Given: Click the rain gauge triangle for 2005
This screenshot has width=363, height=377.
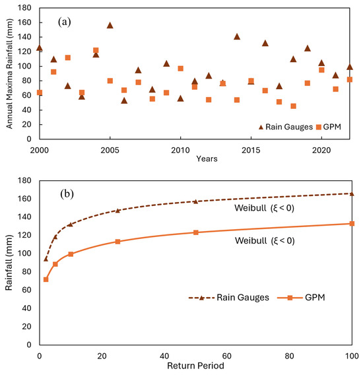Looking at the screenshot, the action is (x=110, y=25).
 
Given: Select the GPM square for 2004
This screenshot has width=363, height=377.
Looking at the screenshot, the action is (x=96, y=50).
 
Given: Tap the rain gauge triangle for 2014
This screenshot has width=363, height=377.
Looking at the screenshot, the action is (x=237, y=36).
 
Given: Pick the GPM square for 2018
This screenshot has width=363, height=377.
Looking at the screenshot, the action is (x=293, y=106).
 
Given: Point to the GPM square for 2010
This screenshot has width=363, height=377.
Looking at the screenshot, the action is (x=181, y=69).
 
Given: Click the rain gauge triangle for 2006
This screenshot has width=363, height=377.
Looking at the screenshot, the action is (x=124, y=100).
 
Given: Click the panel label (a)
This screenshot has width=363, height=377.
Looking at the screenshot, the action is (x=65, y=22).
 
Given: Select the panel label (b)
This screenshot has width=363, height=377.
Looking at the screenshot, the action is (x=67, y=194).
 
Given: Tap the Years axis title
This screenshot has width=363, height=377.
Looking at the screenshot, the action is (x=207, y=158).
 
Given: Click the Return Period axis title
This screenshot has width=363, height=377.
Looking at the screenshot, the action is (x=195, y=366).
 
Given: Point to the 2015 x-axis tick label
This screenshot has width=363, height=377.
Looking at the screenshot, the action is (x=251, y=151).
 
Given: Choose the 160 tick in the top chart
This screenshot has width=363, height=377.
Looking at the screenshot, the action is (x=24, y=22).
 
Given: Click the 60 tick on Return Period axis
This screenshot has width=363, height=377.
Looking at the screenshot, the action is (x=226, y=356).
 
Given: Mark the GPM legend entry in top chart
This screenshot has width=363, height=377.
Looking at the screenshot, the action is (x=329, y=127).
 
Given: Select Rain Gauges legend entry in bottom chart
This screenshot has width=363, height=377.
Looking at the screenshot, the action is (x=228, y=297).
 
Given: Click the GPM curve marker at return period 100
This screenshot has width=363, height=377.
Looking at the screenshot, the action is (x=352, y=224).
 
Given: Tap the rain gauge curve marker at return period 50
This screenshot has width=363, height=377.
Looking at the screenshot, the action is (x=196, y=201).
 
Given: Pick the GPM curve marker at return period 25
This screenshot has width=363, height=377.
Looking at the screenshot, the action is (x=117, y=242).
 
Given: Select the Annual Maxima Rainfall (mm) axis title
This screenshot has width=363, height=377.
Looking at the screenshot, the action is (x=9, y=73).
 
